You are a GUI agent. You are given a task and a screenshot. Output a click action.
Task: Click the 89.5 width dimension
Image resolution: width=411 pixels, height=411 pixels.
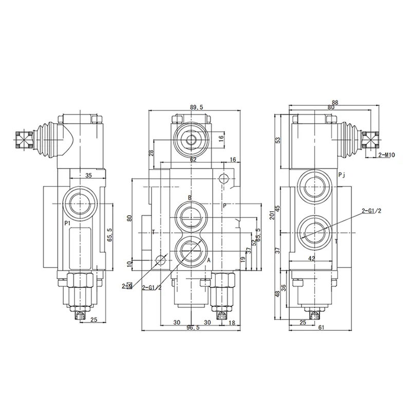pos(197,107)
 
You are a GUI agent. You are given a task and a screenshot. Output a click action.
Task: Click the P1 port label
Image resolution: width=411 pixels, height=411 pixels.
pos(67,223)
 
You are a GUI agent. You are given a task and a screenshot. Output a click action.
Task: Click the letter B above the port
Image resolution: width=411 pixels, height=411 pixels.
pos(190,198)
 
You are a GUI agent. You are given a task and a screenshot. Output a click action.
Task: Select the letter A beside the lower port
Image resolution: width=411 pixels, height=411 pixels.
pos(209,260)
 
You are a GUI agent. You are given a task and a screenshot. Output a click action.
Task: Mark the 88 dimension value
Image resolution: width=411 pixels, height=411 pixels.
pos(335,102)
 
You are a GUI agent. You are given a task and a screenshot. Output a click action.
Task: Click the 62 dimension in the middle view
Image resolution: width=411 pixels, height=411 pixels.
pos(193,160)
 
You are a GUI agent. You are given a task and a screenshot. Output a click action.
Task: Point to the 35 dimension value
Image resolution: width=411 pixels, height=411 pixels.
pos(88,175)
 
